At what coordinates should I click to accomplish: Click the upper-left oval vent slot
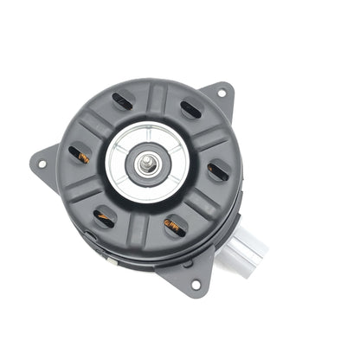tap(121, 100)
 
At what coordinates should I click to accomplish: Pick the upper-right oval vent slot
tap(190, 110)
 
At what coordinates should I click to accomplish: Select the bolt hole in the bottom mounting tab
tap(195, 283)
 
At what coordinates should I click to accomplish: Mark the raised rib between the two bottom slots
tap(138, 227)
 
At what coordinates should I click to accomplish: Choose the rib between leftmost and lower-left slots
tap(87, 188)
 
